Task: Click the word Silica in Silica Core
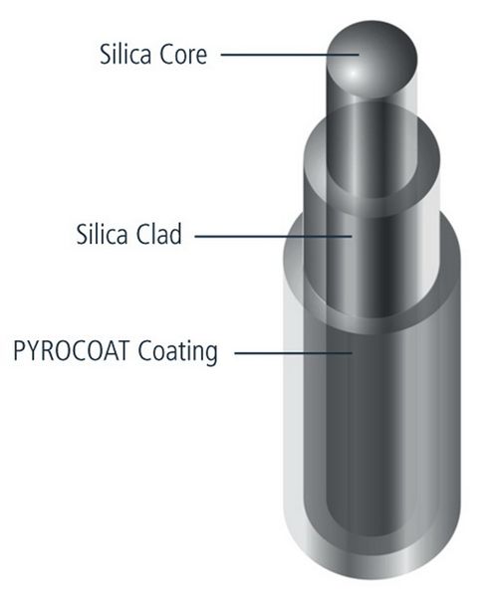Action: (x=125, y=54)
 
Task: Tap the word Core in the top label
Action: (x=183, y=55)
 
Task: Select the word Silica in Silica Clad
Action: (x=103, y=234)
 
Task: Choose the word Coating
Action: (x=177, y=352)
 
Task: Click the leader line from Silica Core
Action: (x=290, y=55)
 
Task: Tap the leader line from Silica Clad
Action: (x=273, y=237)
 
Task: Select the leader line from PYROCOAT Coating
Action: (x=293, y=353)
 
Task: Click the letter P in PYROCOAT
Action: (x=19, y=351)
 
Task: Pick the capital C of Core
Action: (x=165, y=55)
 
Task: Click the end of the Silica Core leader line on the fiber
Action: (x=359, y=55)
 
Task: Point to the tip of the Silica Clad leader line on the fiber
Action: (x=352, y=237)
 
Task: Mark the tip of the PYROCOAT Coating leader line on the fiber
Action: (x=352, y=353)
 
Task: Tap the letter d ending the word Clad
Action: (x=176, y=234)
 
